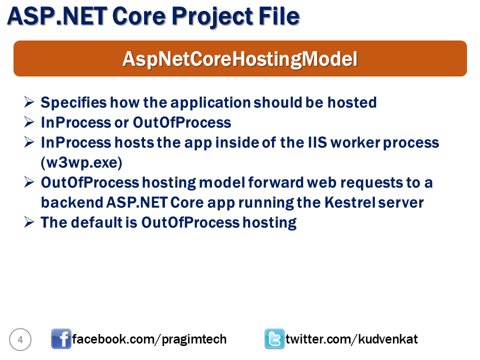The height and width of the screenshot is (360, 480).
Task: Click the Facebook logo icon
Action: tap(61, 339)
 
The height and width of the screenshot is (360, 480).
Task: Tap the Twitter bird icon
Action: tap(274, 339)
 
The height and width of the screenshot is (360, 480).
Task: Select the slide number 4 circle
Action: tap(20, 340)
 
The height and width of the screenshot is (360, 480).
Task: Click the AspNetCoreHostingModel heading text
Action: tap(240, 59)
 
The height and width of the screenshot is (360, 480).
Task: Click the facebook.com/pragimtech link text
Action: tap(149, 339)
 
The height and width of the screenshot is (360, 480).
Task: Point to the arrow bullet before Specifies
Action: tap(29, 102)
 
